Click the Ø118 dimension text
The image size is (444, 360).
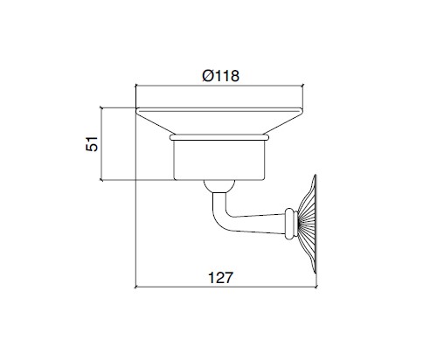coord(220,76)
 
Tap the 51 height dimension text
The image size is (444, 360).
coord(92,143)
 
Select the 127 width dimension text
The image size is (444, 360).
coord(220,278)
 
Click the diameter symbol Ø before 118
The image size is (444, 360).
coord(208,76)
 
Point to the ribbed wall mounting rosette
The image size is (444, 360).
coord(308,224)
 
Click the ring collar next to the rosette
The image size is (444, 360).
coord(291,224)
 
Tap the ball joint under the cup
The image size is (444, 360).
coord(219,186)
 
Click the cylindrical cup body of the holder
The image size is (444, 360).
coord(219,160)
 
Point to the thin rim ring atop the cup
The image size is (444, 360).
coord(219,137)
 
